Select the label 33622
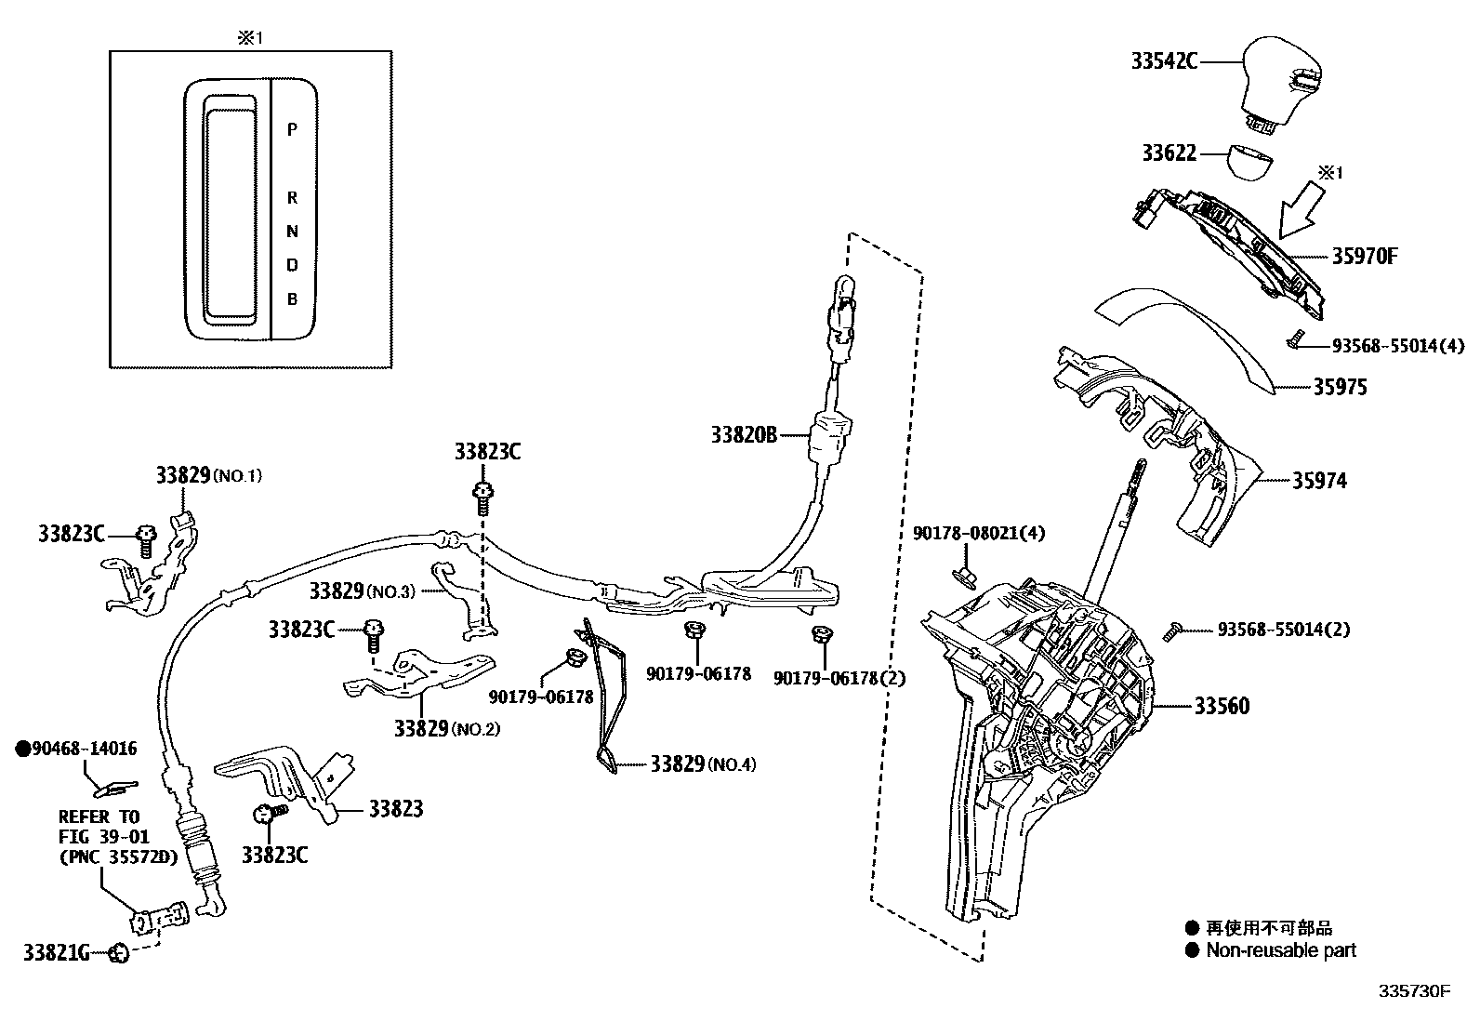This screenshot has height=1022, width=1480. (1169, 153)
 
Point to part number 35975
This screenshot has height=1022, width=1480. (1340, 387)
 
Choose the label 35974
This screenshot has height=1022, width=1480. (1318, 481)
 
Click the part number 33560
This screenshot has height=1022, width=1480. (1222, 706)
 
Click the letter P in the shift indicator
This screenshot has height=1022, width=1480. (292, 130)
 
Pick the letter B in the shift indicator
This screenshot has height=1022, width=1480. (292, 299)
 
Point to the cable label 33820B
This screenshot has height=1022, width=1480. (744, 434)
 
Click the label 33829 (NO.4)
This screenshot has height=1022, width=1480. (702, 764)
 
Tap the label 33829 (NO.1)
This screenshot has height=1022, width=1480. (208, 475)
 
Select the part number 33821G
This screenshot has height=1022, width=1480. (57, 952)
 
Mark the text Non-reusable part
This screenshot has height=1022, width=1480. (1280, 950)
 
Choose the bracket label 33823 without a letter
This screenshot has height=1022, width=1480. (395, 809)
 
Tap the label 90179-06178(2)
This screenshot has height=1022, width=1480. (839, 678)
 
